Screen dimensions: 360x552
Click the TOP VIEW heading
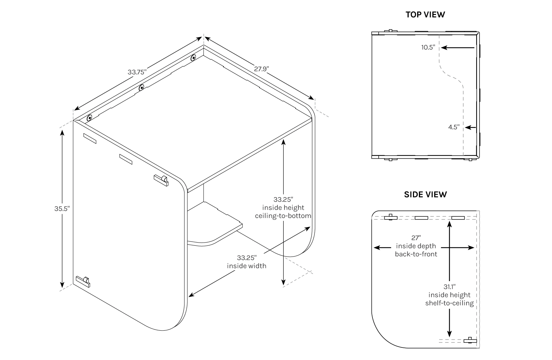point(425,15)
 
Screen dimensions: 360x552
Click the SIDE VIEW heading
point(425,194)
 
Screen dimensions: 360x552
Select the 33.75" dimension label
point(137,72)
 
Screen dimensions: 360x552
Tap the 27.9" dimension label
point(261,69)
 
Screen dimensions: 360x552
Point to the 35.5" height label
point(62,208)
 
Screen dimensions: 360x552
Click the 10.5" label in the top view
point(428,48)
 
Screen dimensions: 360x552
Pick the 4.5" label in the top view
point(453,127)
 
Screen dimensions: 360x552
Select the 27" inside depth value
point(416,238)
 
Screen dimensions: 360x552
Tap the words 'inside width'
point(247,266)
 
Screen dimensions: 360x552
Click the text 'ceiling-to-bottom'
point(283,216)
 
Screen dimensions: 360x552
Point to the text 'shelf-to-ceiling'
point(449,303)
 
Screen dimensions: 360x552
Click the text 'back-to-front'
point(416,254)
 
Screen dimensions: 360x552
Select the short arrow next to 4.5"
point(471,128)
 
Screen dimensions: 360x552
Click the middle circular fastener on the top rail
point(141,88)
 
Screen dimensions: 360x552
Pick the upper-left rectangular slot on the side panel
point(89,138)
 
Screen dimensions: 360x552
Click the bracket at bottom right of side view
point(470,340)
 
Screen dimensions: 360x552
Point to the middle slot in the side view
point(421,218)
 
